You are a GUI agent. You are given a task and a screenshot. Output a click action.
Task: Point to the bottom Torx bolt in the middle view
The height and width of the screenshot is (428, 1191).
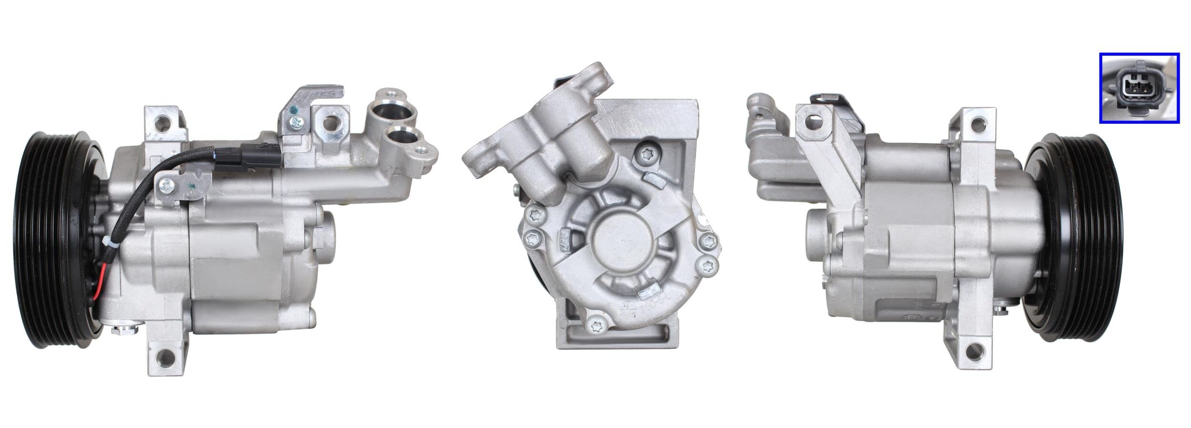point(595,326)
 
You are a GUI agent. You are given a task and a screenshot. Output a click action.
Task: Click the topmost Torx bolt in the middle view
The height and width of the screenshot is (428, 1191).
point(646,153)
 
